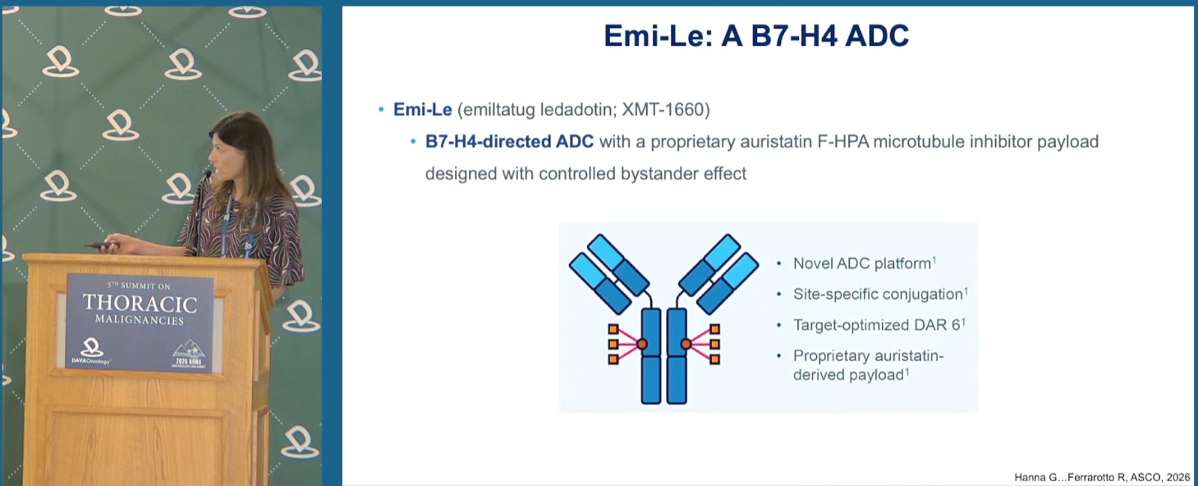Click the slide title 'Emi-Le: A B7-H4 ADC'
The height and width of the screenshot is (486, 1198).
(x=756, y=36)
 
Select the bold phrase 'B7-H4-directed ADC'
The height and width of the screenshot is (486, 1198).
(x=509, y=142)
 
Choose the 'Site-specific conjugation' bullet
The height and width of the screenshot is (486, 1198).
(x=879, y=294)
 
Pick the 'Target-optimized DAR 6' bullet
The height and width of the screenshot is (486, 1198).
(x=879, y=325)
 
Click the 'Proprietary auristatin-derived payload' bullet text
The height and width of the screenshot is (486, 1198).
(x=868, y=365)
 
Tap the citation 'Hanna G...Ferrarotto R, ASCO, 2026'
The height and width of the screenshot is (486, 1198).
(x=1102, y=477)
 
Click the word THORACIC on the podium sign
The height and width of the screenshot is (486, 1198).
(x=140, y=304)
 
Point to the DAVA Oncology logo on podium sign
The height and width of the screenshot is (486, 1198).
(x=91, y=351)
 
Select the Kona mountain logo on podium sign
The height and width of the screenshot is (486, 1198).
(x=189, y=353)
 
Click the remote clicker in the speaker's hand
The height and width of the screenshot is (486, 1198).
(x=100, y=246)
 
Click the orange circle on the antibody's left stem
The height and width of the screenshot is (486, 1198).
(x=642, y=344)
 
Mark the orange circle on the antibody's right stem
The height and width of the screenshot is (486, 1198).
(x=686, y=344)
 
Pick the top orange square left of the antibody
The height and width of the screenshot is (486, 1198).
(x=613, y=329)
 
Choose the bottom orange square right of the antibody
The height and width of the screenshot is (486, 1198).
(x=714, y=360)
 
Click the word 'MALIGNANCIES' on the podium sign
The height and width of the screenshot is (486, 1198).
(x=140, y=319)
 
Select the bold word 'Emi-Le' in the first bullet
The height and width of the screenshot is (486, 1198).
(x=423, y=110)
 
